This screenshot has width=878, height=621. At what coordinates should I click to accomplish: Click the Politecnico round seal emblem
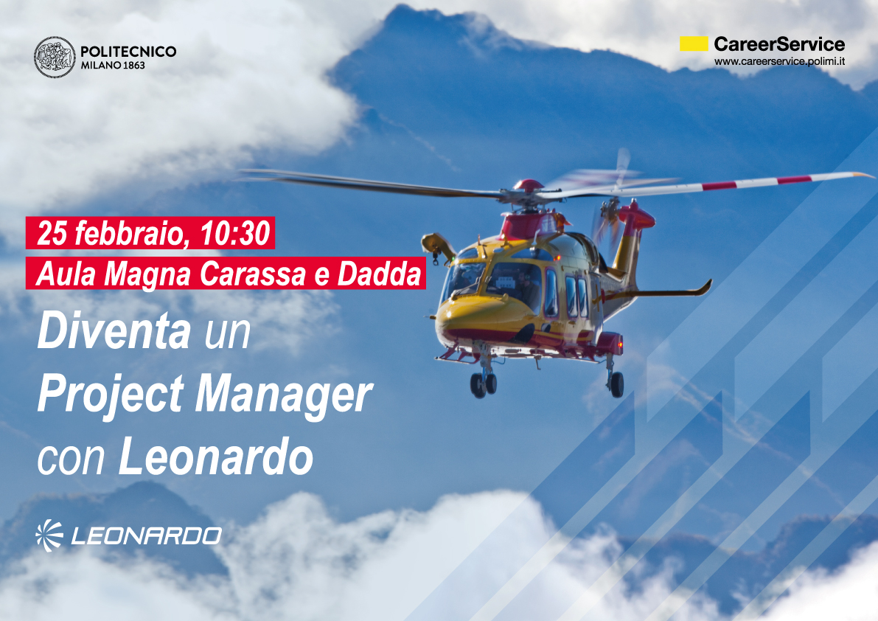coord(55,57)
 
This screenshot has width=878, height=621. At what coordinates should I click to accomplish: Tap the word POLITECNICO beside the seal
coord(128,52)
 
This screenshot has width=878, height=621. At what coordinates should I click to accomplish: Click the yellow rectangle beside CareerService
coord(694,44)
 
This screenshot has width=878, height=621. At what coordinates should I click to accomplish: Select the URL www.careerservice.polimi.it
coord(779,62)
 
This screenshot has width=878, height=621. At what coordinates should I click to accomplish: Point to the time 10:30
coord(235,233)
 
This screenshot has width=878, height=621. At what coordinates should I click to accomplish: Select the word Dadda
coord(379,274)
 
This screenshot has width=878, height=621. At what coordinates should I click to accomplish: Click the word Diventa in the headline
coord(114,331)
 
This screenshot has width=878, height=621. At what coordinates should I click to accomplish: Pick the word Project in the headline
coord(111,396)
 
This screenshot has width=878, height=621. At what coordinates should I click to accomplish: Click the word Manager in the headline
coord(283,397)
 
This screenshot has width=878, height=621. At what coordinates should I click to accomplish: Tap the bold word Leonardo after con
coord(215,457)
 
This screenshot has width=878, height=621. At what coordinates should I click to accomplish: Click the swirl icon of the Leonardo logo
coord(49,535)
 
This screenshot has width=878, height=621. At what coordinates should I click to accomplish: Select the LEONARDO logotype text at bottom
coord(146,536)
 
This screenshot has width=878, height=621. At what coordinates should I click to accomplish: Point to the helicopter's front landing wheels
coord(484,384)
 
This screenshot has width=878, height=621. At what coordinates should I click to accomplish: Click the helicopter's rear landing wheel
coord(616,384)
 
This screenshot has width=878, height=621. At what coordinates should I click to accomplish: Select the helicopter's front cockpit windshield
coord(463,279)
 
